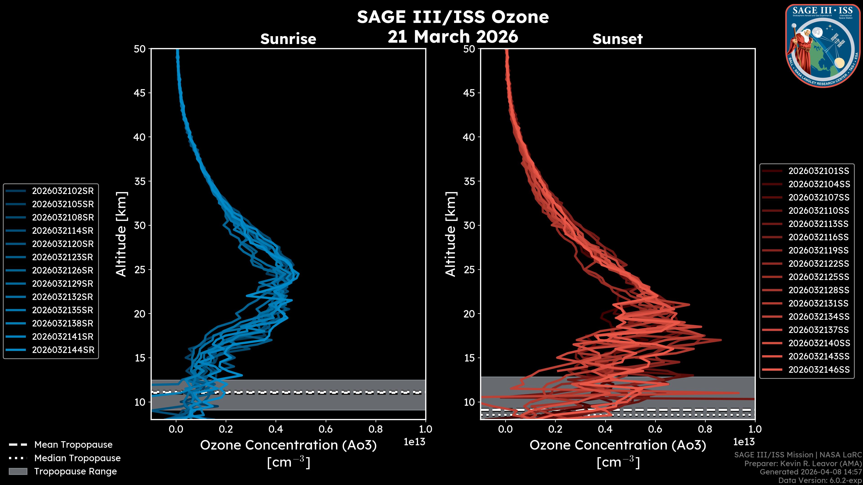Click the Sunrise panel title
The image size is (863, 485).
(x=288, y=39)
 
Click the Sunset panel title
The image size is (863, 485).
(x=617, y=39)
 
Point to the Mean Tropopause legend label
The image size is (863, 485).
(x=73, y=445)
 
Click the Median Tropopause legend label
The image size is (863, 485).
(x=77, y=458)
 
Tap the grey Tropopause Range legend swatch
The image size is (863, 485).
(x=18, y=471)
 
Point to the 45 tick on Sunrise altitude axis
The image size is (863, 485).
(x=139, y=93)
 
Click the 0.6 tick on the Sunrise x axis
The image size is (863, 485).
(x=326, y=429)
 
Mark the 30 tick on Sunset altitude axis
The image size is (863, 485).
(x=469, y=225)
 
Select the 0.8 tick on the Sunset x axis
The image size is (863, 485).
(x=705, y=429)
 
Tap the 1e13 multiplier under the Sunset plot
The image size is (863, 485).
(x=744, y=442)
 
